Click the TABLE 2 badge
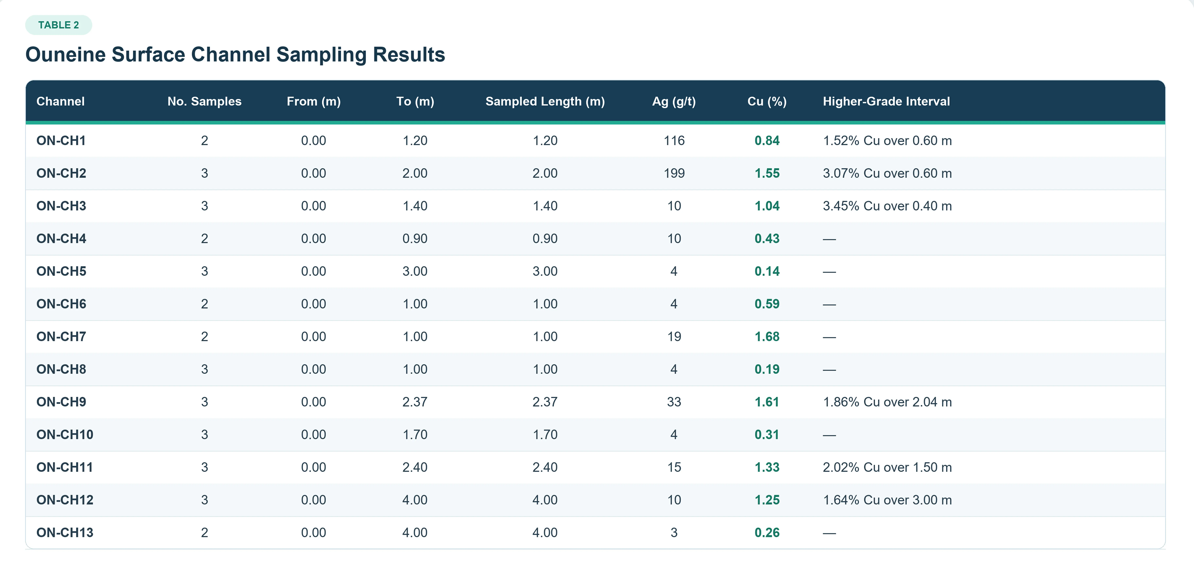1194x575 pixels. pyautogui.click(x=58, y=25)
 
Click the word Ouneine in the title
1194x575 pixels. pyautogui.click(x=65, y=55)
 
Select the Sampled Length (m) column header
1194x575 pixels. pyautogui.click(x=545, y=101)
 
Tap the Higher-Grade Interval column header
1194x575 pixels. pyautogui.click(x=886, y=101)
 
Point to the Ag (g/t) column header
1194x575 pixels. pyautogui.click(x=674, y=101)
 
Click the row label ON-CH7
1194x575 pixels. pyautogui.click(x=61, y=337)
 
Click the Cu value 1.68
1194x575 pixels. pyautogui.click(x=767, y=337)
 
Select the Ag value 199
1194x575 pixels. pyautogui.click(x=674, y=173)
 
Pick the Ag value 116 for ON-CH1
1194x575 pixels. pyautogui.click(x=674, y=141)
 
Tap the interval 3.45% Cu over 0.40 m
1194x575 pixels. pyautogui.click(x=887, y=206)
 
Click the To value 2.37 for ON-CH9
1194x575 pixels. pyautogui.click(x=415, y=402)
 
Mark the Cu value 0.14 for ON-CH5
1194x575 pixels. pyautogui.click(x=767, y=271)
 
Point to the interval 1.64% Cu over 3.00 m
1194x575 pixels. pyautogui.click(x=887, y=500)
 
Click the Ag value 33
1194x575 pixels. pyautogui.click(x=674, y=402)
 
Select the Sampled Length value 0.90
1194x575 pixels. pyautogui.click(x=545, y=239)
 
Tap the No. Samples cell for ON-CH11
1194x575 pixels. pyautogui.click(x=204, y=468)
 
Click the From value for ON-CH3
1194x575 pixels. pyautogui.click(x=314, y=206)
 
